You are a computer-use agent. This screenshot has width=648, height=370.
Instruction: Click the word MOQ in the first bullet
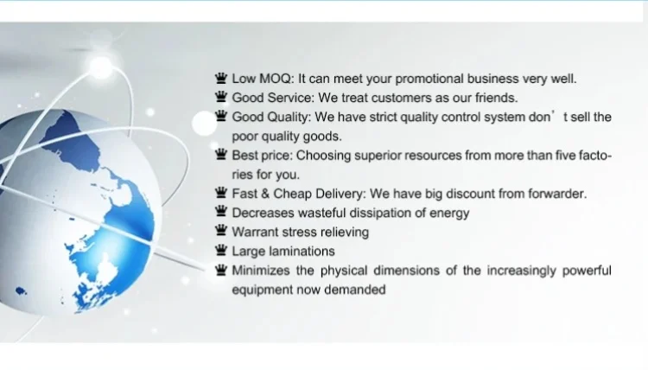tap(276, 79)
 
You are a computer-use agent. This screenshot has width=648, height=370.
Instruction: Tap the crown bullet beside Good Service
tap(221, 97)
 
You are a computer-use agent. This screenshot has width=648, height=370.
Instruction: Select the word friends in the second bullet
tap(496, 98)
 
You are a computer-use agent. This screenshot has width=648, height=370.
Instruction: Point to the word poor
tap(245, 137)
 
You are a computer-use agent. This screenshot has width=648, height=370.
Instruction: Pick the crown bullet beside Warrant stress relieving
tap(221, 231)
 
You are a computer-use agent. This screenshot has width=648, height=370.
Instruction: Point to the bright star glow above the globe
tap(101, 67)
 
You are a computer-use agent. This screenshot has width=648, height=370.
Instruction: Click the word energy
tap(449, 214)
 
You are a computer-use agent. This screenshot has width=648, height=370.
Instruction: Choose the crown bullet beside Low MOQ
tap(221, 78)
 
